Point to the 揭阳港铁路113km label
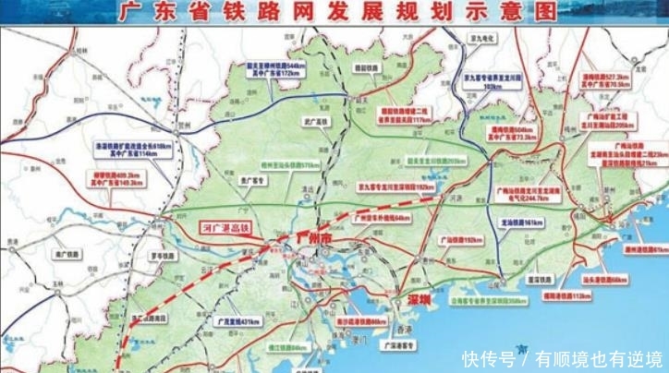[566, 295]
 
